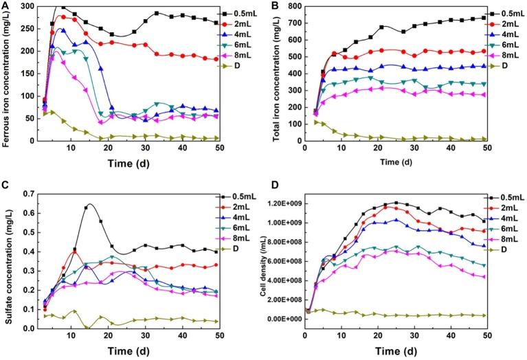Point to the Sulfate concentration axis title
tap(8, 261)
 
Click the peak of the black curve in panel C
tap(89, 204)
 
